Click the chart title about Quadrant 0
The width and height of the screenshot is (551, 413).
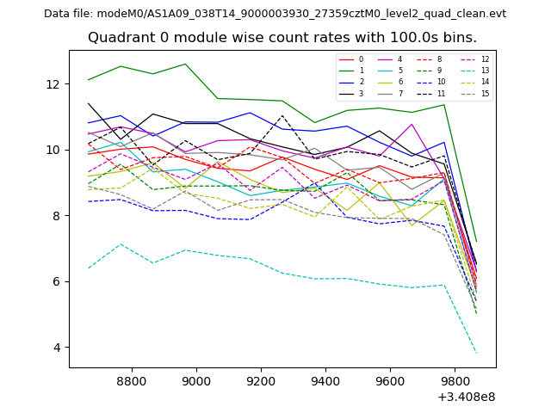point(282,38)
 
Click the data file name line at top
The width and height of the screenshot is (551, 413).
point(275,14)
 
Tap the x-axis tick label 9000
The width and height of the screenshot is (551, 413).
point(196,380)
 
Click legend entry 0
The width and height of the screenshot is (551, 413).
point(361,59)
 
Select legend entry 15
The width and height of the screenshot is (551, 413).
point(485,94)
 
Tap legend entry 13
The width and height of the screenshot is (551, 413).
point(485,71)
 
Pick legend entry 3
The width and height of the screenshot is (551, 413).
point(361,94)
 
